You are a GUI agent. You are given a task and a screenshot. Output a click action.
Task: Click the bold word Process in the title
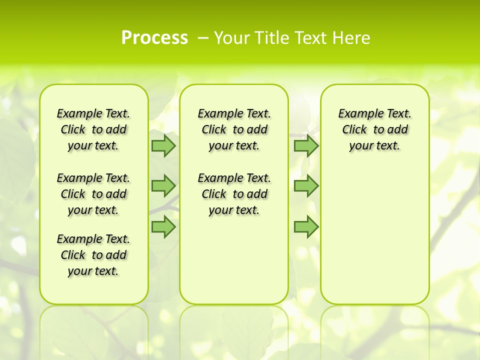tap(154, 38)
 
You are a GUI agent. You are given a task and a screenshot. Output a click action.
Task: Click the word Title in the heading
tap(271, 38)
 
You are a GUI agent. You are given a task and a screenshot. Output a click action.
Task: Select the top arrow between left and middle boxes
tap(163, 146)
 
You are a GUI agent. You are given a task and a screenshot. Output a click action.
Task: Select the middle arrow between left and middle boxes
tap(163, 186)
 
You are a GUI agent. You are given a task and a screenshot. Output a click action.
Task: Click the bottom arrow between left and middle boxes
tap(163, 226)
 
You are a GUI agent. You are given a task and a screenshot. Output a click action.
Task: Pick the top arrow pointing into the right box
tap(306, 146)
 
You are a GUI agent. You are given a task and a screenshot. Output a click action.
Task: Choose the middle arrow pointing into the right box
tap(306, 186)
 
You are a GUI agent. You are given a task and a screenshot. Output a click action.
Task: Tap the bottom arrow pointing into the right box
tap(306, 226)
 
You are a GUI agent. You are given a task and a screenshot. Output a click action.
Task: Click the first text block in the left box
tap(93, 129)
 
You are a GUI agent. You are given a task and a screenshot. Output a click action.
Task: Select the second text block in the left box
tap(93, 194)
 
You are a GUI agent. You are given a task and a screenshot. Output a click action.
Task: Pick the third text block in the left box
tap(93, 255)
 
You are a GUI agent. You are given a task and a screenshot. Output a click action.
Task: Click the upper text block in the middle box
tap(234, 129)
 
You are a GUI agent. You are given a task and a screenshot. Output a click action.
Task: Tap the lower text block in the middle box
tap(234, 194)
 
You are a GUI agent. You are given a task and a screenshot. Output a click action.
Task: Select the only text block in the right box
tap(375, 129)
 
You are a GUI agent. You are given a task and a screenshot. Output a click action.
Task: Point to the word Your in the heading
tap(231, 38)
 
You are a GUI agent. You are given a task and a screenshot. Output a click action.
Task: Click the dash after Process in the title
tap(203, 38)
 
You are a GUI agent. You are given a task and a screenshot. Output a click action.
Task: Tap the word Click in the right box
tap(354, 130)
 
